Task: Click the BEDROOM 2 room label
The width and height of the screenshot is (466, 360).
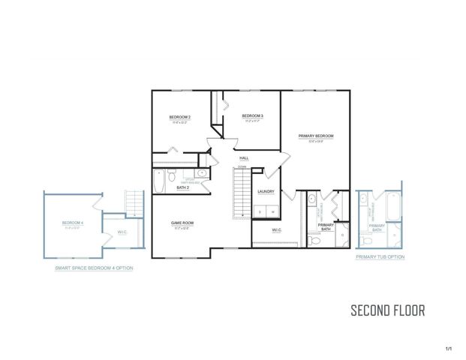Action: pyautogui.click(x=179, y=118)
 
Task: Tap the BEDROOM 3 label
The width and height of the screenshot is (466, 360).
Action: pyautogui.click(x=251, y=116)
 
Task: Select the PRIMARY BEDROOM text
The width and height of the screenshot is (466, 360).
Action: pyautogui.click(x=315, y=136)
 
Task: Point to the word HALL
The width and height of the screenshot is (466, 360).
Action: pyautogui.click(x=244, y=158)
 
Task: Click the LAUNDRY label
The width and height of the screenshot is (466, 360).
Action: pyautogui.click(x=266, y=191)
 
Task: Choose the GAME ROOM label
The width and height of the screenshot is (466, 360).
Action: pyautogui.click(x=182, y=223)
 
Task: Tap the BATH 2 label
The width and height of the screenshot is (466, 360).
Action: pyautogui.click(x=183, y=188)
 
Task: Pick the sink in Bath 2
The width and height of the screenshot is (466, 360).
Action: pyautogui.click(x=201, y=174)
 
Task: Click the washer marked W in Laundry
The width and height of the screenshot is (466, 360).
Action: pyautogui.click(x=272, y=212)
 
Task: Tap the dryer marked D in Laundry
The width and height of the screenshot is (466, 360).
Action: pyautogui.click(x=260, y=212)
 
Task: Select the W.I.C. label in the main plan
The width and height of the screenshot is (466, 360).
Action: pyautogui.click(x=276, y=230)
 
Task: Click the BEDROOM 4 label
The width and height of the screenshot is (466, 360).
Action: pyautogui.click(x=73, y=223)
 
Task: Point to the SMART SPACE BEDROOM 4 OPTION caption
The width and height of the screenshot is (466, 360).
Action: pyautogui.click(x=94, y=268)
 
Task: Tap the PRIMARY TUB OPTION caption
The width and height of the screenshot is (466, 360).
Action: pyautogui.click(x=380, y=256)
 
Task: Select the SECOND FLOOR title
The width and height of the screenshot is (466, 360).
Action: pyautogui.click(x=388, y=310)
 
